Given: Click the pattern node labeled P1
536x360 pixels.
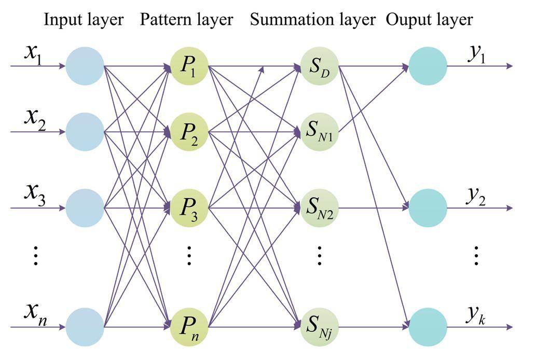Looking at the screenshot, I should point(189,66).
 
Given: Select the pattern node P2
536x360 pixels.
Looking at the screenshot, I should point(189,132).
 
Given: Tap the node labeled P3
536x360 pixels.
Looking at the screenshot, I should point(189,208).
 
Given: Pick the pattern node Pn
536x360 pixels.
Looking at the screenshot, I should point(189,327).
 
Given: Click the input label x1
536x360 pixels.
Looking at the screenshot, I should point(34,54).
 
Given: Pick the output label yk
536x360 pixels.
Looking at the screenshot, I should point(476,315).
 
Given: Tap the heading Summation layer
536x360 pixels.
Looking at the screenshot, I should point(312,20).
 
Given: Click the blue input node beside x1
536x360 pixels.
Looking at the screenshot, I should point(85,66).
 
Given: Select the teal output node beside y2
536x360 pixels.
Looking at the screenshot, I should point(428,208).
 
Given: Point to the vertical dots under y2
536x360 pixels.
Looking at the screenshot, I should point(477,256).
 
